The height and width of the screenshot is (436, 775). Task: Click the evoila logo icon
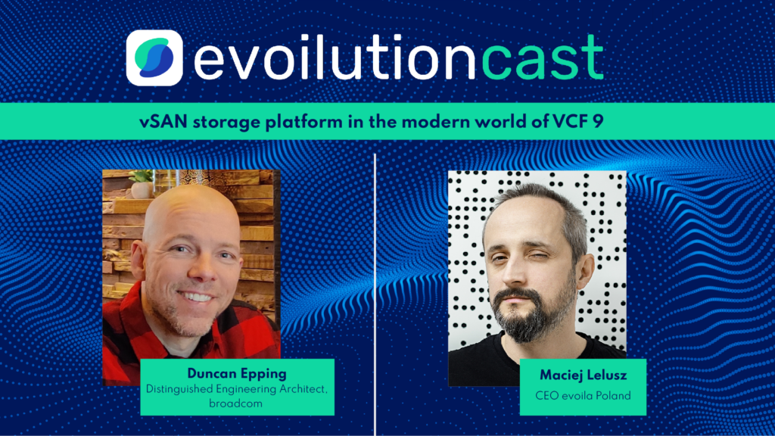(154, 58)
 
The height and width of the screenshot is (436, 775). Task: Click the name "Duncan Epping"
(237, 373)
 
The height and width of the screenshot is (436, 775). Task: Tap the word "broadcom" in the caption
(237, 404)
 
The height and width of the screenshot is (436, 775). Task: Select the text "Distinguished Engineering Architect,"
(237, 389)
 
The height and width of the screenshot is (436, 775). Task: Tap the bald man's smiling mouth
(196, 297)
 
